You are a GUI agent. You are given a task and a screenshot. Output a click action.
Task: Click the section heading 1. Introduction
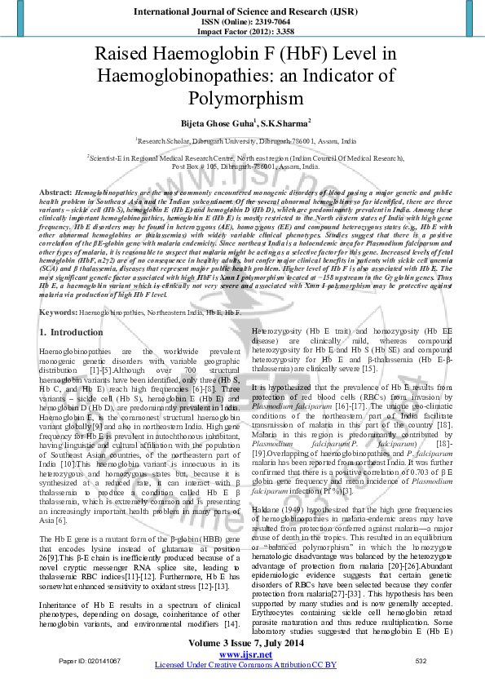72,332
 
